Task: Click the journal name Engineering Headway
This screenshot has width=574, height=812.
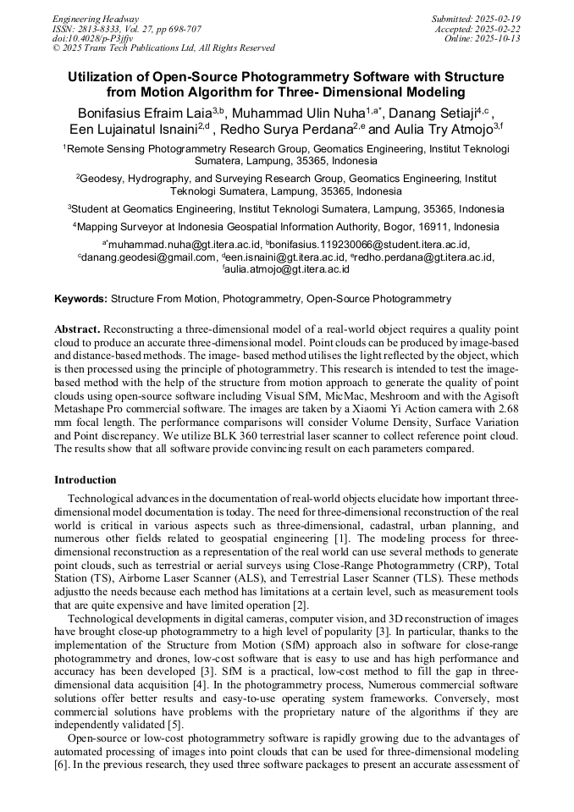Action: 96,19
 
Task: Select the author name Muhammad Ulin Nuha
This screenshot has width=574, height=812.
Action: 301,113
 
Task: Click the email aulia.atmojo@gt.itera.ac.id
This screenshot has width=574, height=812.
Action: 288,269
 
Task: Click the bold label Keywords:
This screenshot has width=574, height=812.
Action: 80,299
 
